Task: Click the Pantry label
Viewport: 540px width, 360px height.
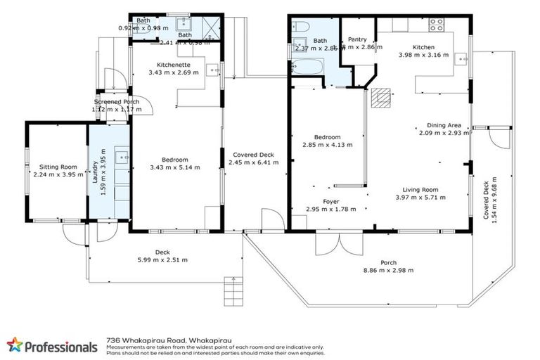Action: (x=358, y=39)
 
